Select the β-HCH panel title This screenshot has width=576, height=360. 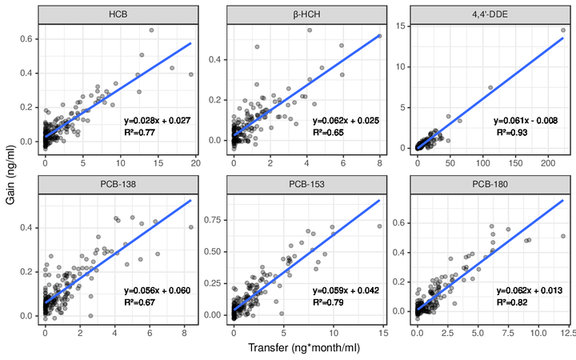pyautogui.click(x=306, y=15)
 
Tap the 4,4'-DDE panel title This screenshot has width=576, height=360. pyautogui.click(x=492, y=15)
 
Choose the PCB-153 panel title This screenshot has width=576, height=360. pyautogui.click(x=306, y=186)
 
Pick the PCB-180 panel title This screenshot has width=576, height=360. pyautogui.click(x=492, y=186)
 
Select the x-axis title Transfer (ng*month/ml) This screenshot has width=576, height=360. pyautogui.click(x=304, y=350)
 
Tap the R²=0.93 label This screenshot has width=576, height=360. pyautogui.click(x=513, y=131)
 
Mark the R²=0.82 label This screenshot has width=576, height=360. pyautogui.click(x=513, y=302)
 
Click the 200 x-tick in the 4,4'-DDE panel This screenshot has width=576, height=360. pyautogui.click(x=549, y=162)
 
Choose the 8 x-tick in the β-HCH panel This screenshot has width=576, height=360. pyautogui.click(x=379, y=162)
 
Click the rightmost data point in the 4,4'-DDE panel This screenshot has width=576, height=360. pyautogui.click(x=563, y=30)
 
